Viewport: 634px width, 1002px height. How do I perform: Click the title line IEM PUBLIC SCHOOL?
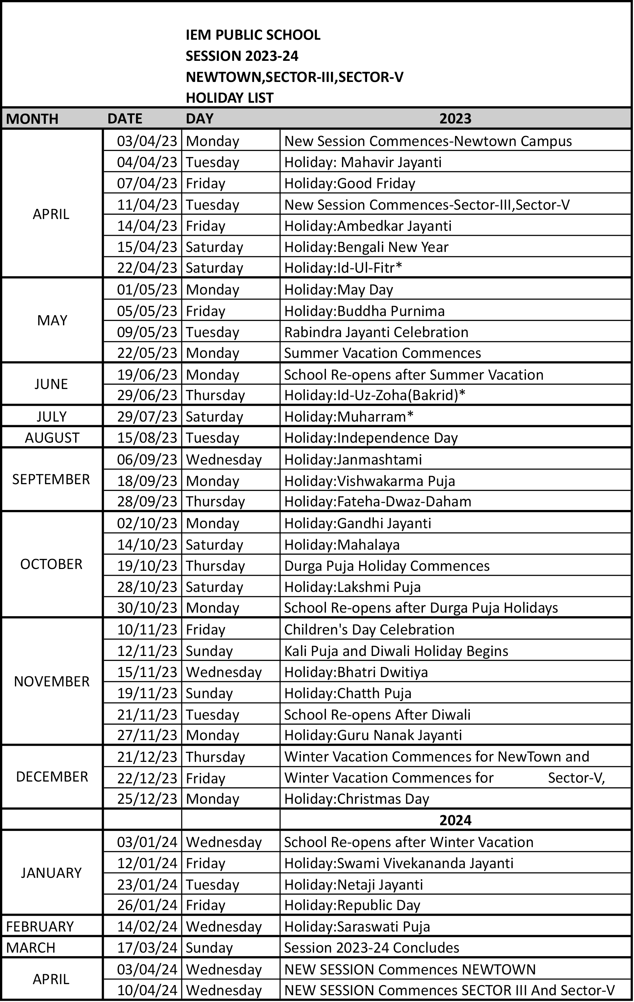[x=253, y=35]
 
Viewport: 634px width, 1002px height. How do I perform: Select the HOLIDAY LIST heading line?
[x=230, y=98]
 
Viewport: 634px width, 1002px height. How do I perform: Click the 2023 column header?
[x=455, y=118]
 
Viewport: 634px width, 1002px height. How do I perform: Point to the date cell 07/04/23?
[x=147, y=184]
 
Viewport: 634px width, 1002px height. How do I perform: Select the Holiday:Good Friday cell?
[x=350, y=184]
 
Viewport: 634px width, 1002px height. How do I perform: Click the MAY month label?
[x=52, y=320]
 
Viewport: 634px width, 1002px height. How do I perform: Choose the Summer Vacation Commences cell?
[x=382, y=353]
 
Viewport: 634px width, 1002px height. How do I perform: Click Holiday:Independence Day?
[x=371, y=438]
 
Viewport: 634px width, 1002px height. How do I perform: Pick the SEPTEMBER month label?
[x=51, y=480]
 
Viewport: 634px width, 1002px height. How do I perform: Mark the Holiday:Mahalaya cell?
[x=342, y=545]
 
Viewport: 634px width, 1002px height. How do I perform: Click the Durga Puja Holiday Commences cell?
[x=386, y=566]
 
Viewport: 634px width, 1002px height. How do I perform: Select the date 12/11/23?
[x=147, y=651]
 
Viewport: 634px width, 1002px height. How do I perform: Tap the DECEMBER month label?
[x=52, y=777]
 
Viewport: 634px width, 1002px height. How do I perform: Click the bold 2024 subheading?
[x=455, y=820]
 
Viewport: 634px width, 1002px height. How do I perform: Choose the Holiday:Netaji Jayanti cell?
[x=353, y=884]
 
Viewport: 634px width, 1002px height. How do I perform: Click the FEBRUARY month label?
[x=40, y=927]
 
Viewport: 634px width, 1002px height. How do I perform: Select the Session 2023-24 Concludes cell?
[x=371, y=948]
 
